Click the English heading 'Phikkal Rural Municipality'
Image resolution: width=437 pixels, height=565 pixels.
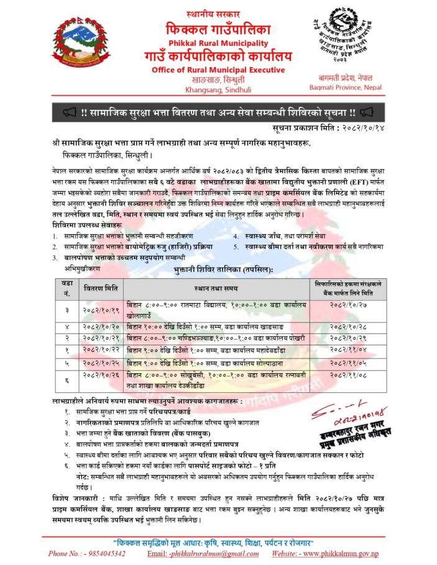click(219, 43)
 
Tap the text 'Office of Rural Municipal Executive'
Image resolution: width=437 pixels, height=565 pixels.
click(219, 70)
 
